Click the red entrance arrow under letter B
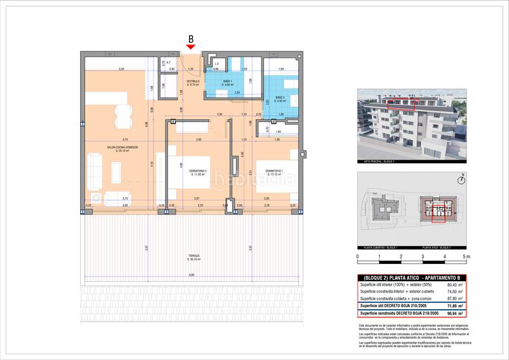point(191,46)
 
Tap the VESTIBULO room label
point(193,81)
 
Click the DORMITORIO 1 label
point(274,170)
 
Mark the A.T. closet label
point(169,63)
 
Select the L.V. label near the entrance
point(216,64)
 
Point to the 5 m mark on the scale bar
point(466,257)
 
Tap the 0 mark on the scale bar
point(358,257)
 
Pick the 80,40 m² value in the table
point(452,286)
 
